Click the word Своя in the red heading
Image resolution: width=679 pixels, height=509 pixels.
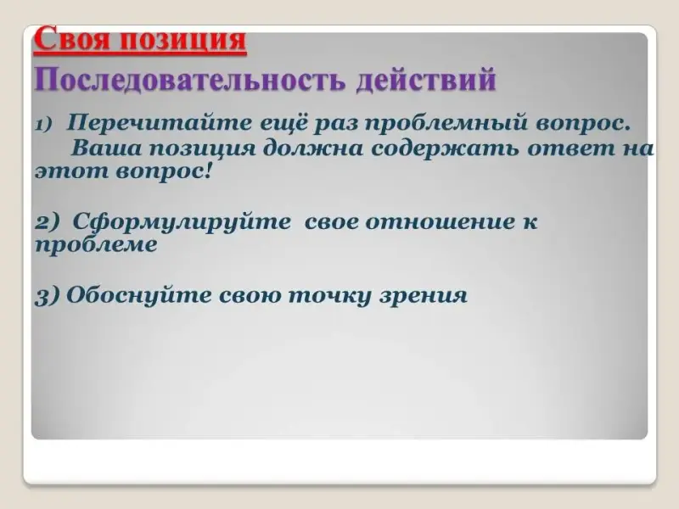[x=73, y=39]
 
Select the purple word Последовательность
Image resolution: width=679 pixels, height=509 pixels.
[x=190, y=80]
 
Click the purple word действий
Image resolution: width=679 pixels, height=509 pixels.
[x=426, y=81]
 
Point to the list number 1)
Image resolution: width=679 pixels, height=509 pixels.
[x=43, y=125]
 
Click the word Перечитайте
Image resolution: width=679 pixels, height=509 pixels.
[x=159, y=123]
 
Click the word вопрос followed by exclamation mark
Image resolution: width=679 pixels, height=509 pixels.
[x=162, y=173]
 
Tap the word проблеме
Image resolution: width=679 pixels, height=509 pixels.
[x=96, y=245]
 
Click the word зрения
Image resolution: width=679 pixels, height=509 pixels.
[x=424, y=296]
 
